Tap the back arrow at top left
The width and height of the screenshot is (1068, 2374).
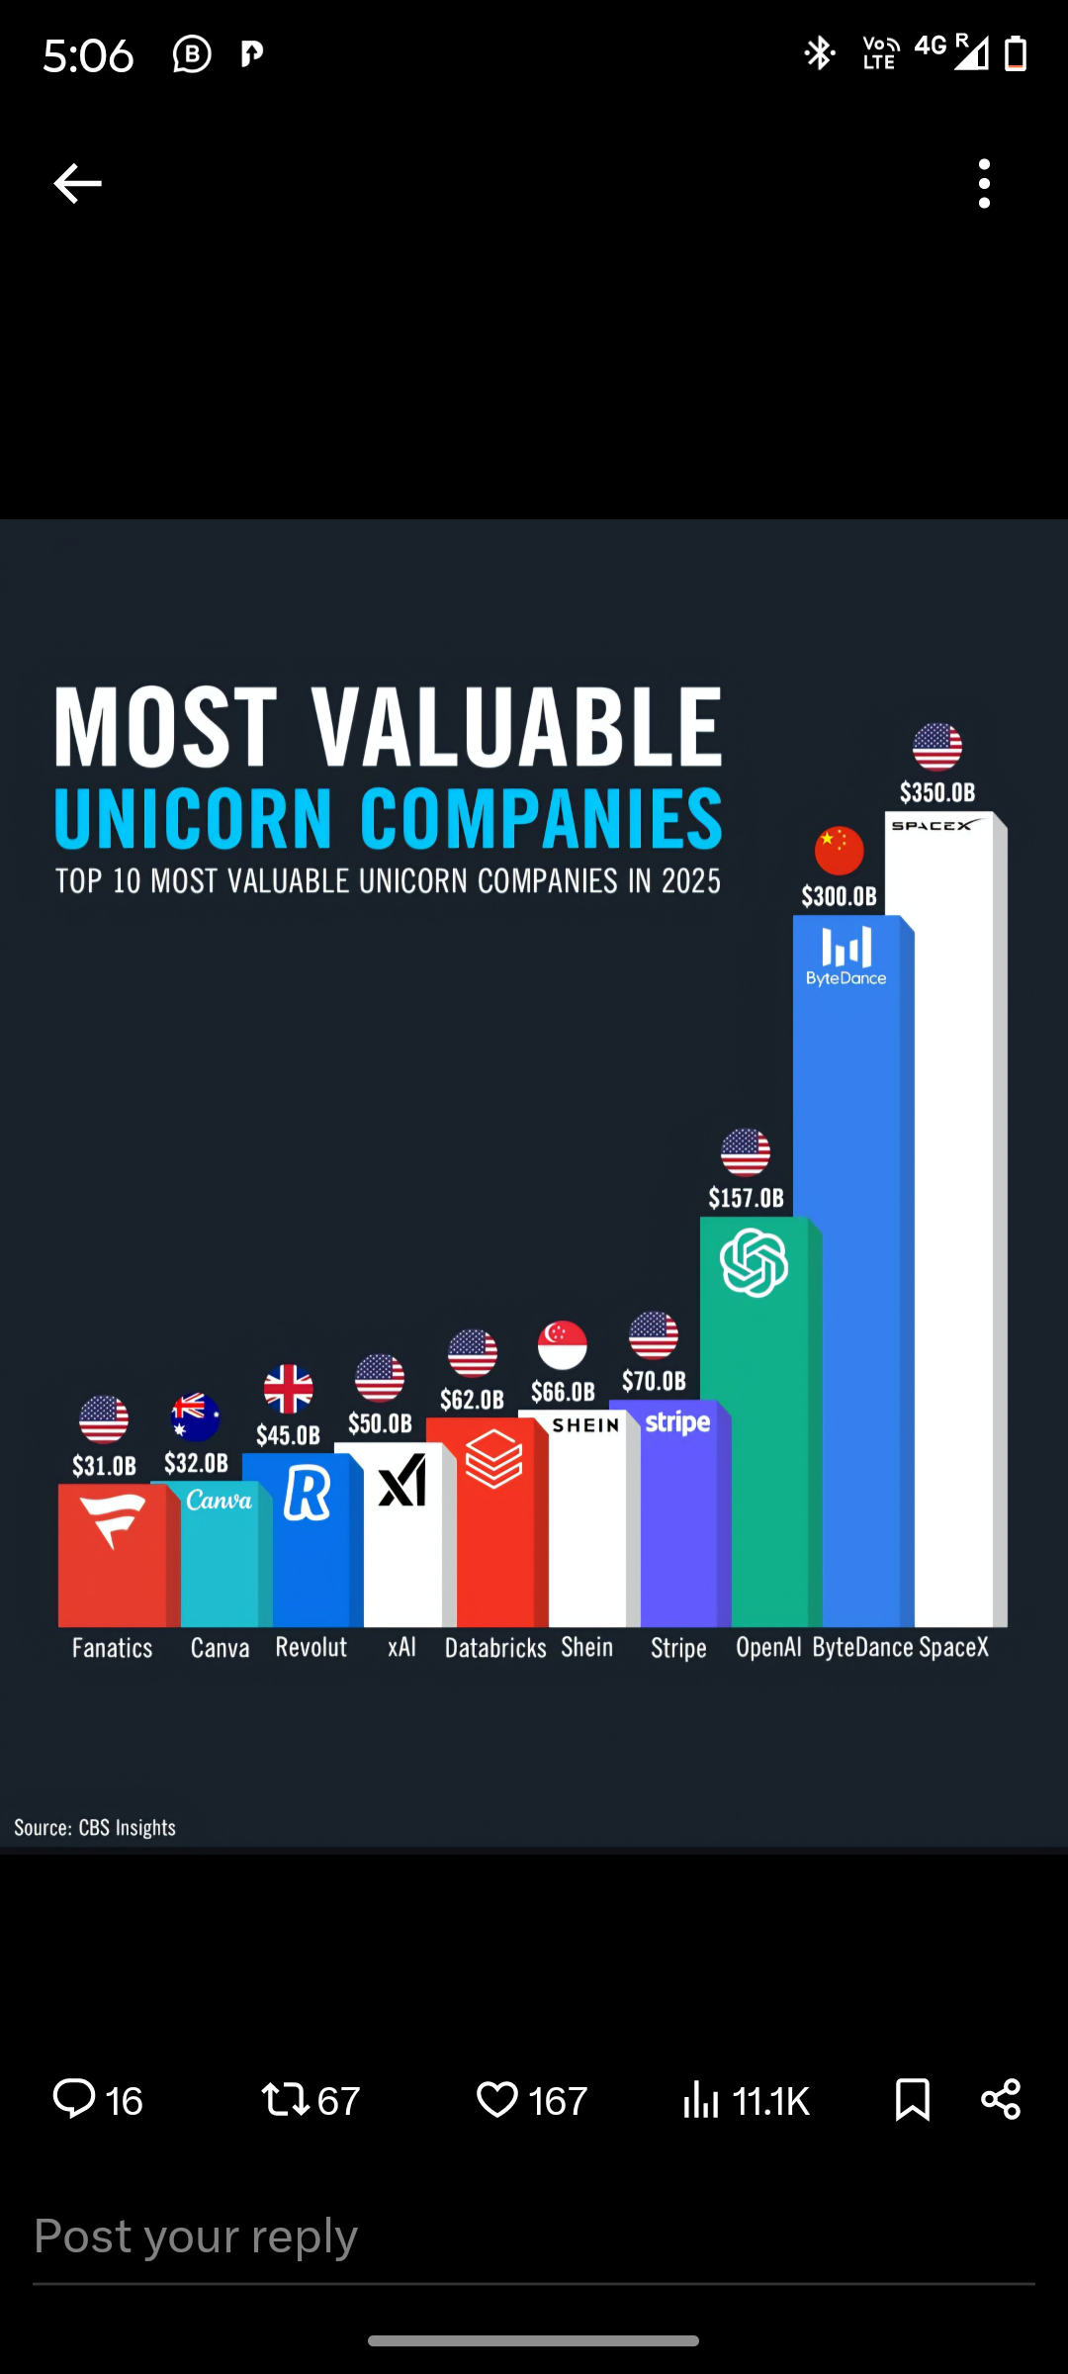77,184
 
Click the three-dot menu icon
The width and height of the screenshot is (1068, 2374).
984,184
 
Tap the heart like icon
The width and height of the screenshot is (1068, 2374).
496,2099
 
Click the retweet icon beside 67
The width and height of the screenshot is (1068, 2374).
285,2099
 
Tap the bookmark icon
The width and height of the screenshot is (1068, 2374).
912,2099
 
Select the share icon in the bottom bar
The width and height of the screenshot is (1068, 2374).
1001,2099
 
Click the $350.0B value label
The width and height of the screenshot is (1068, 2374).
936,792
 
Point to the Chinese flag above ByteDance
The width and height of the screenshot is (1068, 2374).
839,851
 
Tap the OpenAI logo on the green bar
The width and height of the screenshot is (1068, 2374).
754,1263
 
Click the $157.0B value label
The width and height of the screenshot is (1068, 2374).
746,1199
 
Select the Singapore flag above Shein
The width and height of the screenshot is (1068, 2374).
563,1345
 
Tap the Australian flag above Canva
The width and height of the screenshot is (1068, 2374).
196,1416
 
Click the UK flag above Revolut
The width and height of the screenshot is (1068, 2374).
288,1389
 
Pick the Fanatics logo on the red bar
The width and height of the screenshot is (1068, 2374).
113,1520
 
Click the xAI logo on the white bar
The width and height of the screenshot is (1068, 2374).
402,1481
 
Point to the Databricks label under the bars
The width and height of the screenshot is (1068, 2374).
495,1648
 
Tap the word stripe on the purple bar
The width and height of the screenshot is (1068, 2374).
677,1423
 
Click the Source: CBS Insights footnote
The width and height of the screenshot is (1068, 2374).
95,1827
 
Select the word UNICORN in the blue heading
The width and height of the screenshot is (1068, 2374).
194,819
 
